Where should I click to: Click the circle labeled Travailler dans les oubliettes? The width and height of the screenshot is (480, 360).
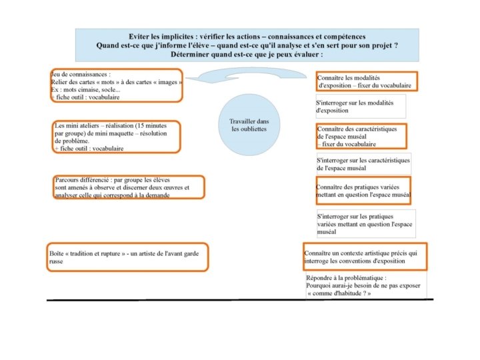[x=249, y=125]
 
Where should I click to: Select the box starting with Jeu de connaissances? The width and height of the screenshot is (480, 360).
[x=116, y=85]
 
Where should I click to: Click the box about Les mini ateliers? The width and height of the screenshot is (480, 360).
[x=116, y=137]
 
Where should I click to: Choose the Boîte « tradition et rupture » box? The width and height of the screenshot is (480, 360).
[x=127, y=257]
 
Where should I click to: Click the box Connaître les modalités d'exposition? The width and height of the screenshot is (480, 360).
[x=367, y=81]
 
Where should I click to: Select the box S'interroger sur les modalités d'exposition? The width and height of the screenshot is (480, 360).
[x=360, y=107]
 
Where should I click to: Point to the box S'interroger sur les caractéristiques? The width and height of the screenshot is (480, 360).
[x=363, y=164]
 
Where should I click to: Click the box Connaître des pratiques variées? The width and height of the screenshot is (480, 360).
[x=363, y=191]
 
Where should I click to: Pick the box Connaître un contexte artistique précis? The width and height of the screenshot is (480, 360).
[x=365, y=257]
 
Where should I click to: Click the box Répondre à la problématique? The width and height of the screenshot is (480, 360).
[x=365, y=285]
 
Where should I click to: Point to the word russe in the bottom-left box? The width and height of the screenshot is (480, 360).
[x=56, y=262]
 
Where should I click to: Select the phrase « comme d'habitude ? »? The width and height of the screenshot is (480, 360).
[x=339, y=293]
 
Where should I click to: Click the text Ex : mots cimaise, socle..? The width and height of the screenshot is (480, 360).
[x=85, y=89]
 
